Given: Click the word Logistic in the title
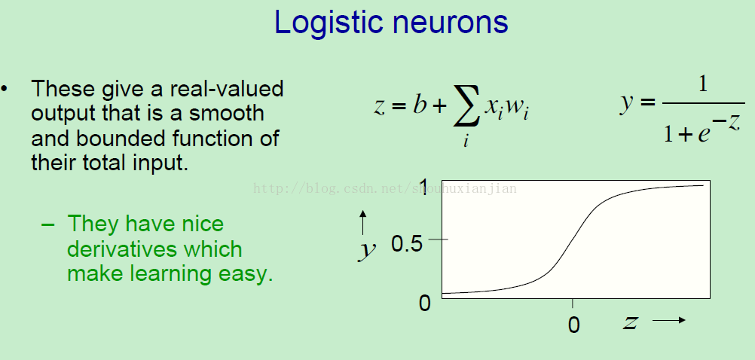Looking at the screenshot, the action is click(x=328, y=23).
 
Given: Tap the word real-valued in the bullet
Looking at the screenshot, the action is click(x=226, y=89).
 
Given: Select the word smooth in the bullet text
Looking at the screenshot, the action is click(x=226, y=114).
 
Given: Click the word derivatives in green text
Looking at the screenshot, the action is click(x=154, y=249).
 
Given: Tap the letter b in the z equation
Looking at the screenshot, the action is click(x=420, y=104).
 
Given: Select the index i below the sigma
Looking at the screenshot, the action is click(x=466, y=141).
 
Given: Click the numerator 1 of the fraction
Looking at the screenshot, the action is click(x=703, y=84).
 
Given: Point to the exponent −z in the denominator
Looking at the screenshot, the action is click(x=726, y=121).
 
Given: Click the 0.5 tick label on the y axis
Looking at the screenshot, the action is click(x=407, y=244).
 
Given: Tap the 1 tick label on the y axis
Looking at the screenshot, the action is click(x=423, y=187).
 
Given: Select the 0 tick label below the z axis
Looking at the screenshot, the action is click(x=573, y=325).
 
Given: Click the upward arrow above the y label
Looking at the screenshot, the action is click(x=363, y=222).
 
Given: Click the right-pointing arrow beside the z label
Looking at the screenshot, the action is click(x=669, y=320).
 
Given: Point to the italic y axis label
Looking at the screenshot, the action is click(x=367, y=250).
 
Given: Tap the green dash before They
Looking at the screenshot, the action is click(x=47, y=224).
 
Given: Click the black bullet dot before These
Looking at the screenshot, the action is click(x=5, y=89).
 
